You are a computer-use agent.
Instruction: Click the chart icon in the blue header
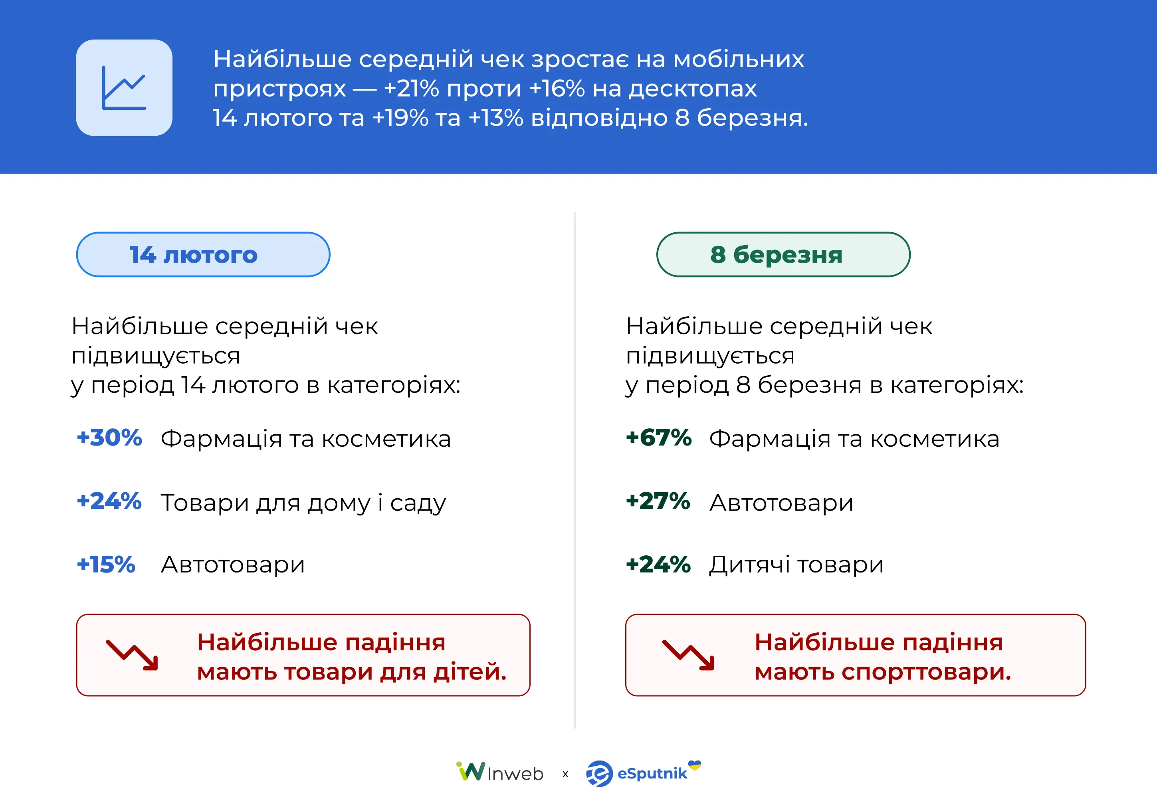click(x=124, y=88)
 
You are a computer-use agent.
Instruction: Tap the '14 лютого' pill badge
click(x=203, y=255)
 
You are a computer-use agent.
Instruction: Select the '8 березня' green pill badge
click(x=783, y=255)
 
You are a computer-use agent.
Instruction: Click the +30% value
click(x=109, y=438)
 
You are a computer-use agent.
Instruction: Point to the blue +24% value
click(x=109, y=501)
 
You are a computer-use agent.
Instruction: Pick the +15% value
click(x=106, y=564)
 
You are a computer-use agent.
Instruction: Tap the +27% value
click(x=658, y=501)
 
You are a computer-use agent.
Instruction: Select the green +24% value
click(x=658, y=564)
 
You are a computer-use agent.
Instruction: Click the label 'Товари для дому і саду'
click(x=303, y=503)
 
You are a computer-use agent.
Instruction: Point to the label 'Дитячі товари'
click(x=796, y=564)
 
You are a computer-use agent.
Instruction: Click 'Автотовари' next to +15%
click(x=233, y=564)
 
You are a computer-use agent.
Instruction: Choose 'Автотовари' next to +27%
click(x=781, y=503)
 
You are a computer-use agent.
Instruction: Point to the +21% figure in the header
click(x=411, y=89)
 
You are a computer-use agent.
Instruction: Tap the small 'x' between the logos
click(x=565, y=774)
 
